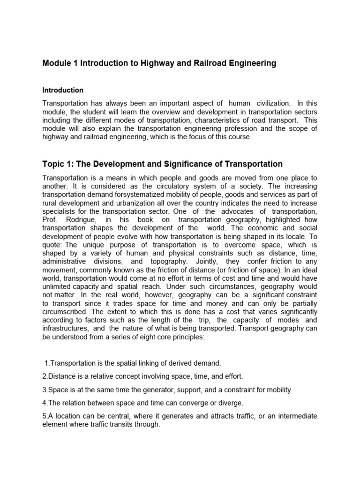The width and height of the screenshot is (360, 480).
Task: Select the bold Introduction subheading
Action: point(63,90)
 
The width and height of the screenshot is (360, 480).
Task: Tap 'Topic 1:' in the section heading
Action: point(58,164)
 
